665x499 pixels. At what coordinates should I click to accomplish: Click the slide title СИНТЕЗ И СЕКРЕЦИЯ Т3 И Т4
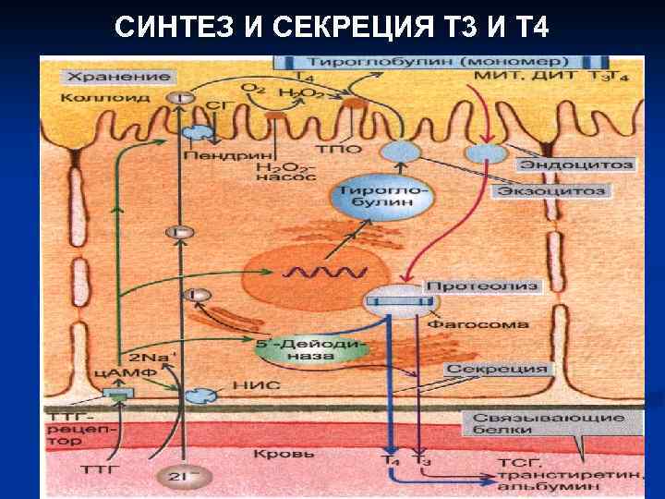coord(332,28)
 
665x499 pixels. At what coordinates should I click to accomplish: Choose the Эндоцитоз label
coord(575,164)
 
